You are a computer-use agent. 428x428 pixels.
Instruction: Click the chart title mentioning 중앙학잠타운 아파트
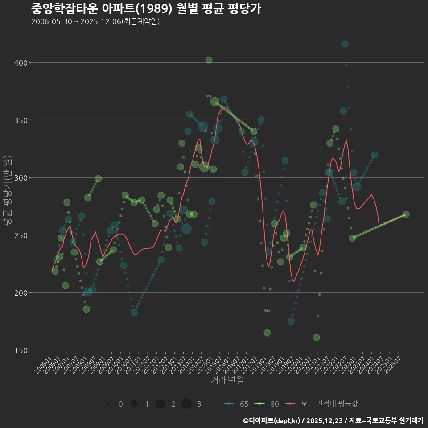click(x=146, y=9)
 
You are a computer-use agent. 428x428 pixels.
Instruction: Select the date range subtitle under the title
click(x=95, y=21)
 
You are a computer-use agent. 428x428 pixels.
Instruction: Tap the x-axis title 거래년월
click(x=227, y=380)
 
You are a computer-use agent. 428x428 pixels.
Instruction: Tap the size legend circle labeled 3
click(x=186, y=404)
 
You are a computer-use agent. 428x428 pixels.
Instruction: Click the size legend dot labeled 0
click(x=108, y=404)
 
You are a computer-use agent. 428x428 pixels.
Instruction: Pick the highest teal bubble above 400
click(x=345, y=44)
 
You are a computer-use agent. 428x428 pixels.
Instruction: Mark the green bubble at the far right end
click(x=406, y=214)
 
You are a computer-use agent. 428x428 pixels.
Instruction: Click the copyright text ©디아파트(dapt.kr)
click(x=272, y=420)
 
